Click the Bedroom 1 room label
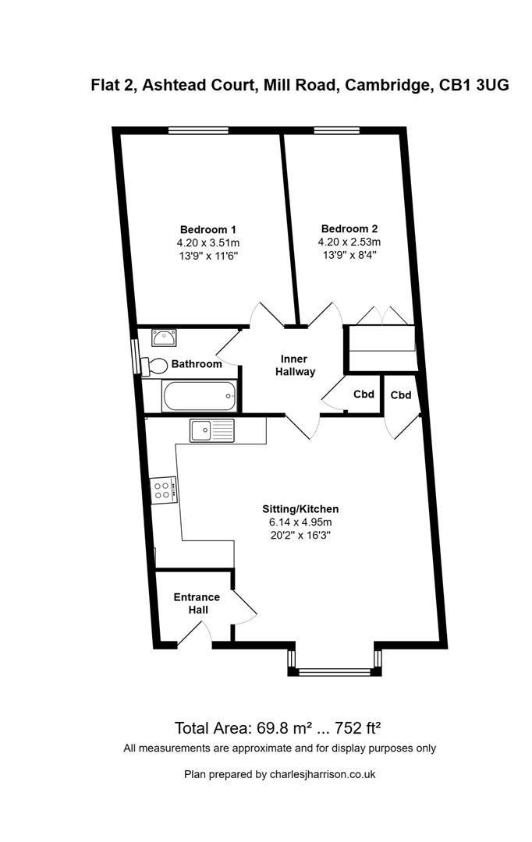pyautogui.click(x=207, y=229)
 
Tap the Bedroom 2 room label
pyautogui.click(x=349, y=228)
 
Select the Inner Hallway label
pyautogui.click(x=298, y=366)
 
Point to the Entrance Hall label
pyautogui.click(x=197, y=603)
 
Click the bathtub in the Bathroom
pyautogui.click(x=199, y=396)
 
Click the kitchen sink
pyautogui.click(x=211, y=429)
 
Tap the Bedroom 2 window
pyautogui.click(x=336, y=130)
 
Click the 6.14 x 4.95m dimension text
pyautogui.click(x=300, y=522)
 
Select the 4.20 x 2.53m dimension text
pyautogui.click(x=349, y=242)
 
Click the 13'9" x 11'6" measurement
pyautogui.click(x=207, y=256)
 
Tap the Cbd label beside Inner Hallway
pyautogui.click(x=364, y=394)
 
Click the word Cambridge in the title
pyautogui.click(x=385, y=86)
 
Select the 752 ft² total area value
pyautogui.click(x=358, y=729)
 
